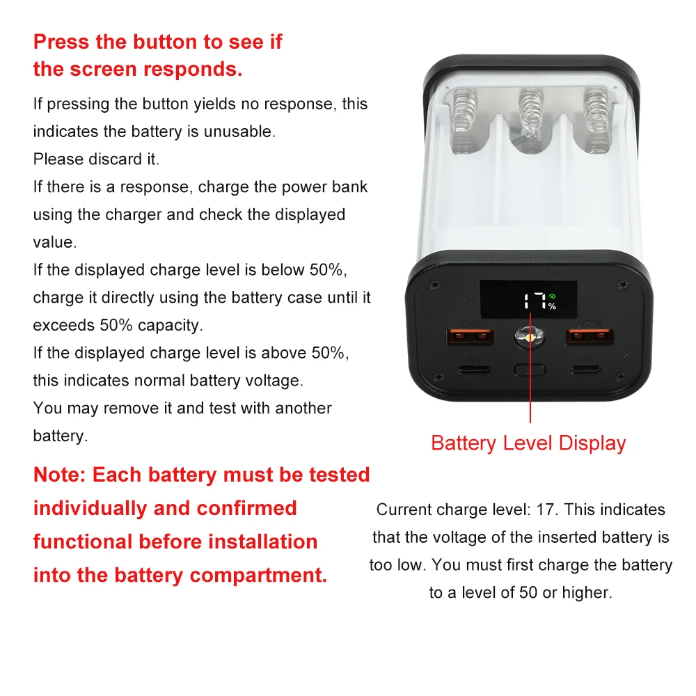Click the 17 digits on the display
pos(535,301)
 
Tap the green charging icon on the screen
pos(551,295)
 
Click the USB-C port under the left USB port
pos(475,368)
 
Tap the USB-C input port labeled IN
pos(585,368)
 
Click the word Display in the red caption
pos(592,443)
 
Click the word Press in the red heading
pos(61,42)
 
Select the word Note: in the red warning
pos(60,475)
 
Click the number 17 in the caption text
pos(547,509)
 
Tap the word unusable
pos(239,132)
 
